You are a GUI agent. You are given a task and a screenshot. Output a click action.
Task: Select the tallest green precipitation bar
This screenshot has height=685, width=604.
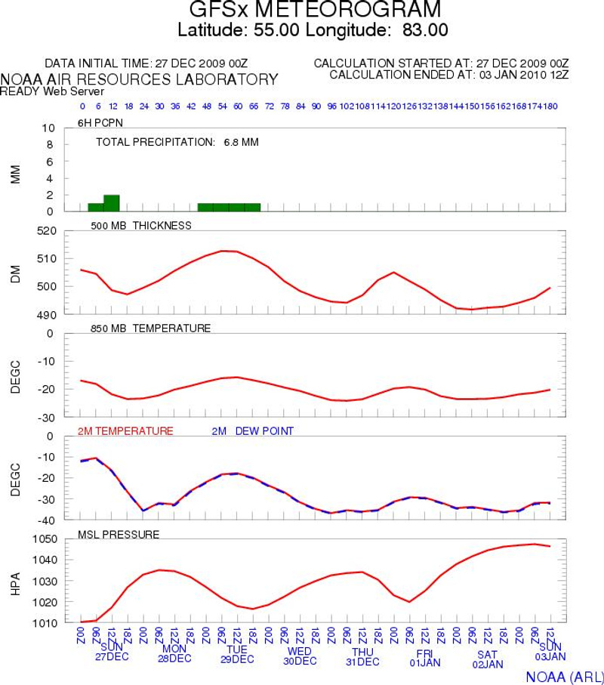(111, 203)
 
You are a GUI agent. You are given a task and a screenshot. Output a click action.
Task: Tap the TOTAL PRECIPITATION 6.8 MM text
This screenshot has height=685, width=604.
(177, 141)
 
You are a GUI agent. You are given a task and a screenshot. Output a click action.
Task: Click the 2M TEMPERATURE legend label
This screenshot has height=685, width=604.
(125, 430)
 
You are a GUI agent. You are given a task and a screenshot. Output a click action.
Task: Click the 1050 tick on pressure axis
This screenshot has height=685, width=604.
(44, 539)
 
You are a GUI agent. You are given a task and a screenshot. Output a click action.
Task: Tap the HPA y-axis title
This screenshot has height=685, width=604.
(15, 581)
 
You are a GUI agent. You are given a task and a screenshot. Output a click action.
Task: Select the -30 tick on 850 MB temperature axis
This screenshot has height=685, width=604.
(48, 417)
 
